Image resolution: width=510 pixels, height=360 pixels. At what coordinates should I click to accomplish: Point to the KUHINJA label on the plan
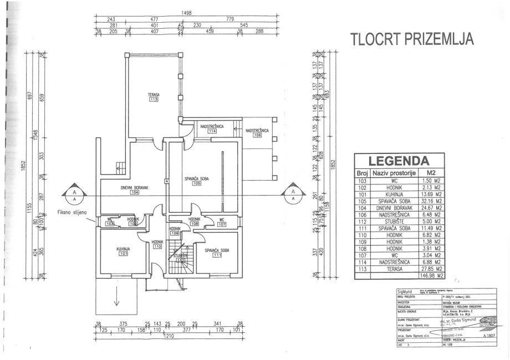point(123,250)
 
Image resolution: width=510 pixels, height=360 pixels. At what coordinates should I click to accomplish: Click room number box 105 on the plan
point(196,184)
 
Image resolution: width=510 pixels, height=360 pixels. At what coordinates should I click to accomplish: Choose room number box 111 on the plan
point(217,255)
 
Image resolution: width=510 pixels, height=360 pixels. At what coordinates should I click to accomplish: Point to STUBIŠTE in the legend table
point(391,220)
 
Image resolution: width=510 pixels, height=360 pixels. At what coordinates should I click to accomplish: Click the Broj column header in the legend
point(363,173)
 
